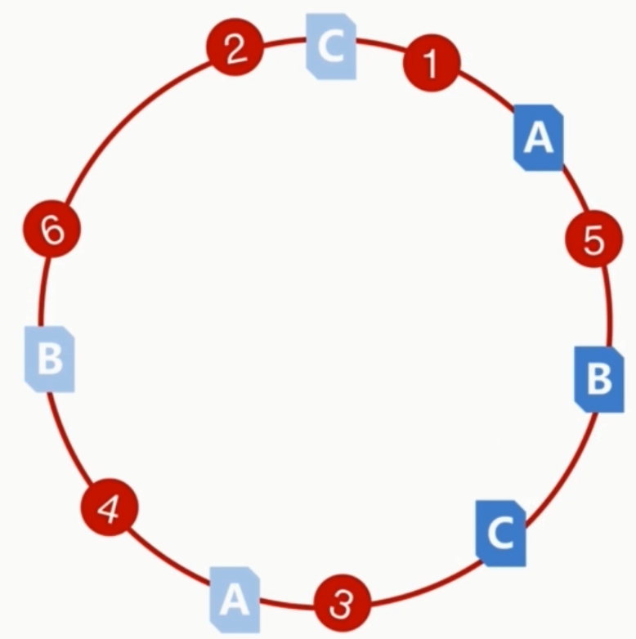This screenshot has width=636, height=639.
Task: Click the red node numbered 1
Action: tap(432, 62)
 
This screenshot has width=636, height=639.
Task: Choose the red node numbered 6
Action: tap(52, 231)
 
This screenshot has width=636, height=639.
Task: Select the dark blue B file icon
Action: tap(599, 378)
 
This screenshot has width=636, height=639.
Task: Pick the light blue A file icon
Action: tap(235, 599)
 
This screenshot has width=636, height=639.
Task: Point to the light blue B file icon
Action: tap(50, 359)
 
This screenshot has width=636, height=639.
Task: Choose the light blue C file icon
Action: tap(331, 47)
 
